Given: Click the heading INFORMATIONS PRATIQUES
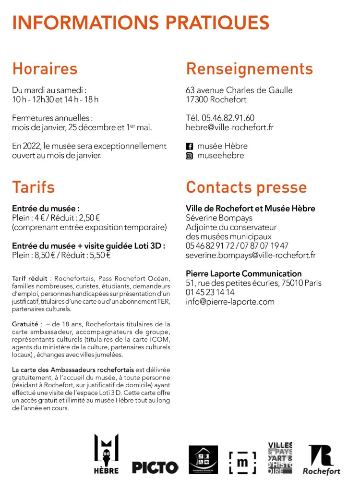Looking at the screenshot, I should click(141, 23).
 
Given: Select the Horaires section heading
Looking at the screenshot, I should click(45, 69).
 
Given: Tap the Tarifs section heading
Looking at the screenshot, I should click(34, 187).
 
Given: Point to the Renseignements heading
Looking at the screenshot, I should click(249, 69).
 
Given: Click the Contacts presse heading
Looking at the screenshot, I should click(246, 187).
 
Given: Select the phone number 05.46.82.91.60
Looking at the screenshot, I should click(228, 118).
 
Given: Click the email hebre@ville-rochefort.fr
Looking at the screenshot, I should click(229, 127).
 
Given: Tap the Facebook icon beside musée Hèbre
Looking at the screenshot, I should click(189, 146).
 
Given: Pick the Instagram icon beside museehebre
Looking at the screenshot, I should click(189, 156).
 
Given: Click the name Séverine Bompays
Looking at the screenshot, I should click(219, 218).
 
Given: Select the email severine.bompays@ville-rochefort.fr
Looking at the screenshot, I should click(251, 255).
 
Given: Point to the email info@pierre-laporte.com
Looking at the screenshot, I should click(230, 302).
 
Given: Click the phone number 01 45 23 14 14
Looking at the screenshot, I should click(210, 292).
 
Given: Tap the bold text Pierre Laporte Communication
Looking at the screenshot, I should click(243, 273).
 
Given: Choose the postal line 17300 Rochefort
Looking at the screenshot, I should click(216, 99).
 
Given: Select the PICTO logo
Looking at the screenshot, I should click(155, 467).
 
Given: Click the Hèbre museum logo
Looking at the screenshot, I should click(106, 454).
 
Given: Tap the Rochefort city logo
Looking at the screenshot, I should click(321, 459).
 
